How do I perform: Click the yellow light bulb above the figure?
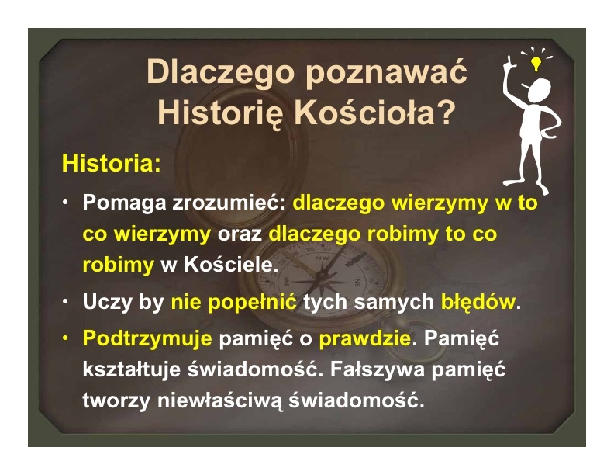pos(536,64)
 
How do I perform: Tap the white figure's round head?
pos(540,90)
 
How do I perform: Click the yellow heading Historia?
pos(111,163)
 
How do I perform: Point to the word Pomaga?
pos(124,204)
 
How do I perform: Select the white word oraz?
pos(240,234)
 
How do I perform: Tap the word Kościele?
pos(231,265)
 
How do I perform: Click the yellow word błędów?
pos(478,302)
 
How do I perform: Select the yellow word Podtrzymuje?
pos(147,338)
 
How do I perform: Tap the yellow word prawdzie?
pos(365,338)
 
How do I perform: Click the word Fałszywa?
pos(377,369)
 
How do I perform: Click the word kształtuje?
pos(132,369)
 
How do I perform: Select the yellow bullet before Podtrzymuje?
pos(65,338)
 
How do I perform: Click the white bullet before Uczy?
pos(65,301)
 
